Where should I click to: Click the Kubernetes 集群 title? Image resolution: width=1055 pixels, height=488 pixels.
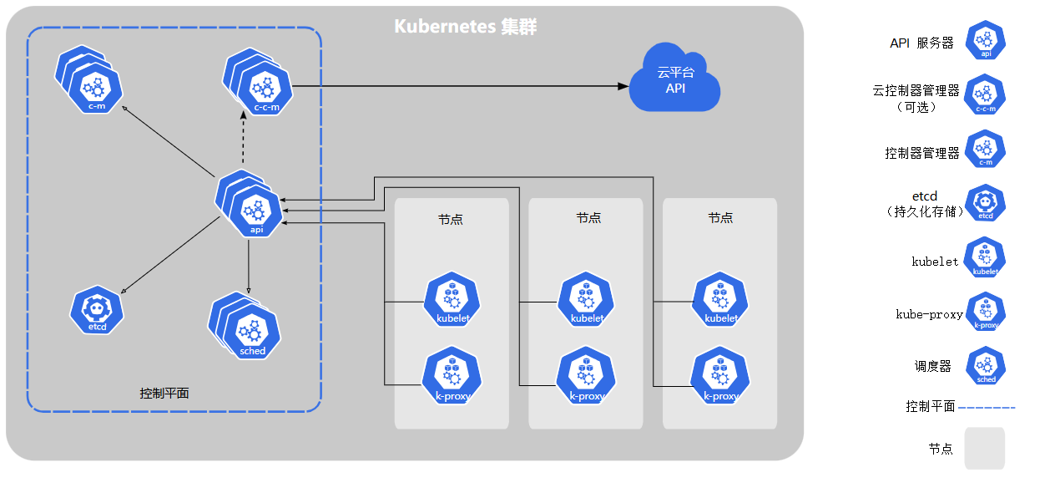(x=465, y=27)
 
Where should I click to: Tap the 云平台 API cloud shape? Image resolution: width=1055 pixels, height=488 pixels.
(x=674, y=80)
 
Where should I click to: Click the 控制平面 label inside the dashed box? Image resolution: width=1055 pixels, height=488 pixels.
(x=164, y=393)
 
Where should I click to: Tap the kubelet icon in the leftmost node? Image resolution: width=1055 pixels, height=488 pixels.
(x=452, y=300)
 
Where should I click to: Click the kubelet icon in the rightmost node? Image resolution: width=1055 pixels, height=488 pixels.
(x=720, y=300)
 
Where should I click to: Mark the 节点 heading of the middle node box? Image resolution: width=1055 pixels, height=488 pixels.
(x=588, y=217)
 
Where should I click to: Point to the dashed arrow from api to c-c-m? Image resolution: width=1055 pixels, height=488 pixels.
(x=243, y=142)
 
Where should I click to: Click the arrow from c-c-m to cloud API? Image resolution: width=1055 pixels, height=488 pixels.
(x=459, y=86)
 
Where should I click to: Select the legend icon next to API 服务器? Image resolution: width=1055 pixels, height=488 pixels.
(x=986, y=41)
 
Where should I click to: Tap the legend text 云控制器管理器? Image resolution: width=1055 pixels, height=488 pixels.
(x=916, y=90)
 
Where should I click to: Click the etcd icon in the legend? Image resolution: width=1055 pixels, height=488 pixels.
(x=986, y=203)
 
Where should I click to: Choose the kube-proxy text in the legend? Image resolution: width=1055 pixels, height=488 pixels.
(x=929, y=314)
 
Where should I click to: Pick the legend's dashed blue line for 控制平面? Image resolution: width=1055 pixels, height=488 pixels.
(x=987, y=407)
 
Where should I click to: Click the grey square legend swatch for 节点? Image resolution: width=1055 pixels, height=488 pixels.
(x=985, y=448)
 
